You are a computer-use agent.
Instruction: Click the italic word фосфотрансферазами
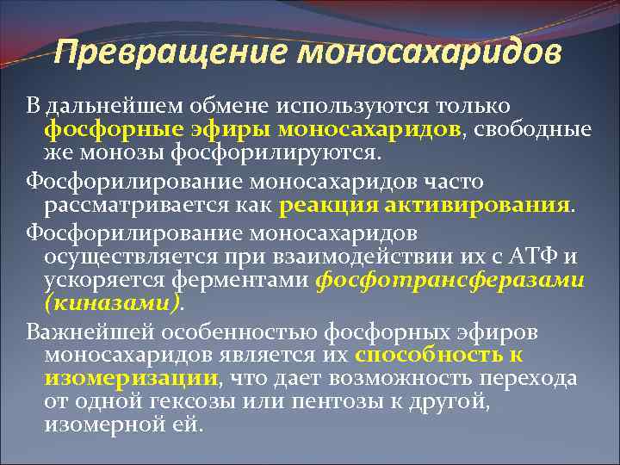pos(449,281)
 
